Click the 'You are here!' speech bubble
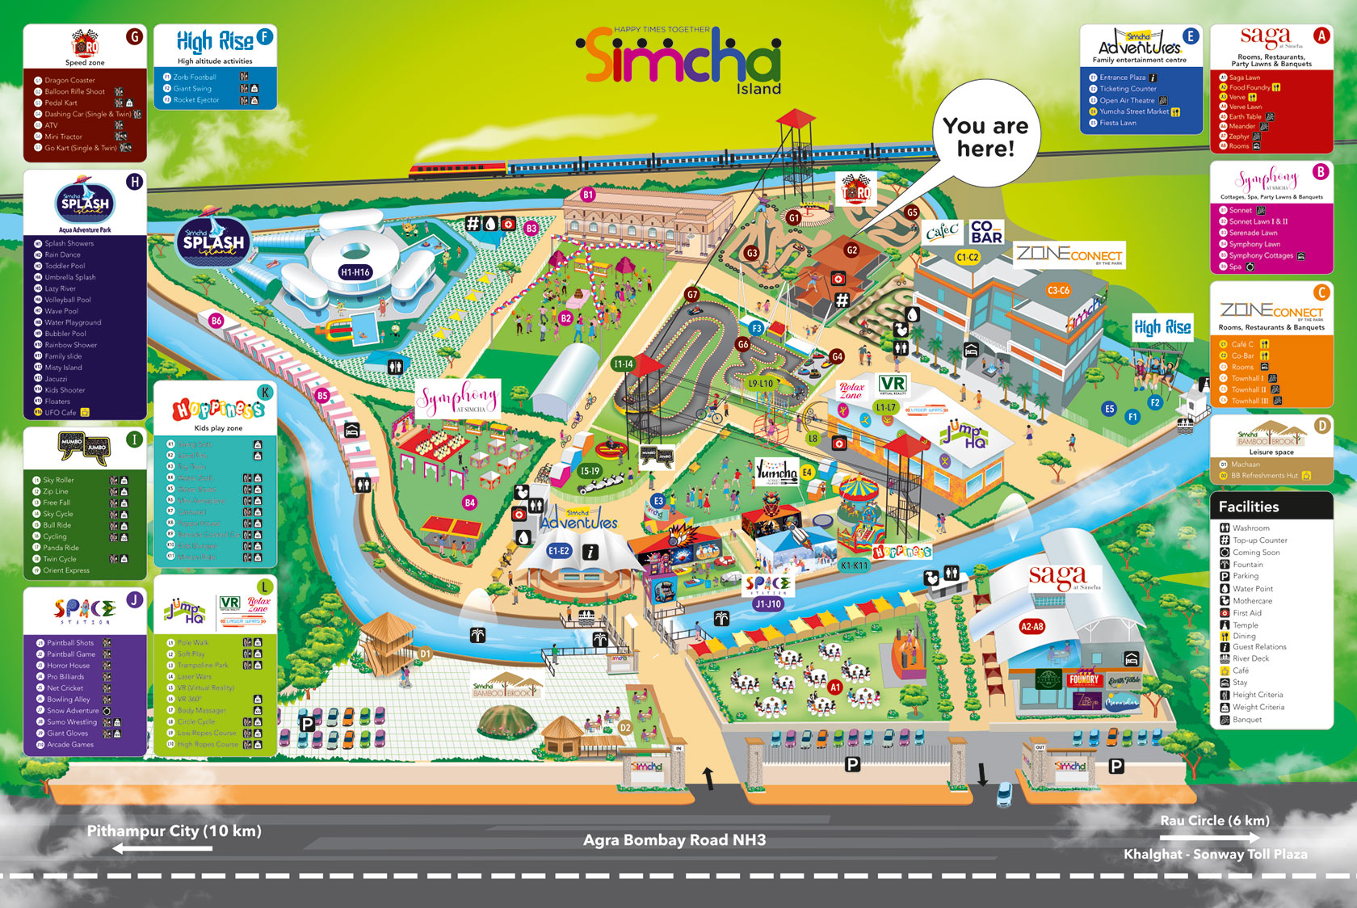click(985, 137)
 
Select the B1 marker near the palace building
click(588, 195)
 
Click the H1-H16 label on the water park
click(355, 272)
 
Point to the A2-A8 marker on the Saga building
click(1031, 626)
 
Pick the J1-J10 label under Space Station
click(767, 603)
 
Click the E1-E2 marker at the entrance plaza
click(559, 551)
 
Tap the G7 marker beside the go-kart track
click(691, 295)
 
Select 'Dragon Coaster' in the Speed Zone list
click(69, 80)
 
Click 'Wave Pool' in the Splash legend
click(61, 311)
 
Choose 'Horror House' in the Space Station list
click(68, 666)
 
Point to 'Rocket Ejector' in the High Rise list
click(195, 100)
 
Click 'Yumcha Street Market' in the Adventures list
click(1133, 111)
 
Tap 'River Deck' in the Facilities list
click(1250, 658)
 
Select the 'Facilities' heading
click(1248, 507)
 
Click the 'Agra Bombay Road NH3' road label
click(674, 840)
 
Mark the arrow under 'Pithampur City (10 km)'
click(162, 848)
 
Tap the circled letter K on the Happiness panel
click(264, 393)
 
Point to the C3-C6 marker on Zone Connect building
click(1058, 290)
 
